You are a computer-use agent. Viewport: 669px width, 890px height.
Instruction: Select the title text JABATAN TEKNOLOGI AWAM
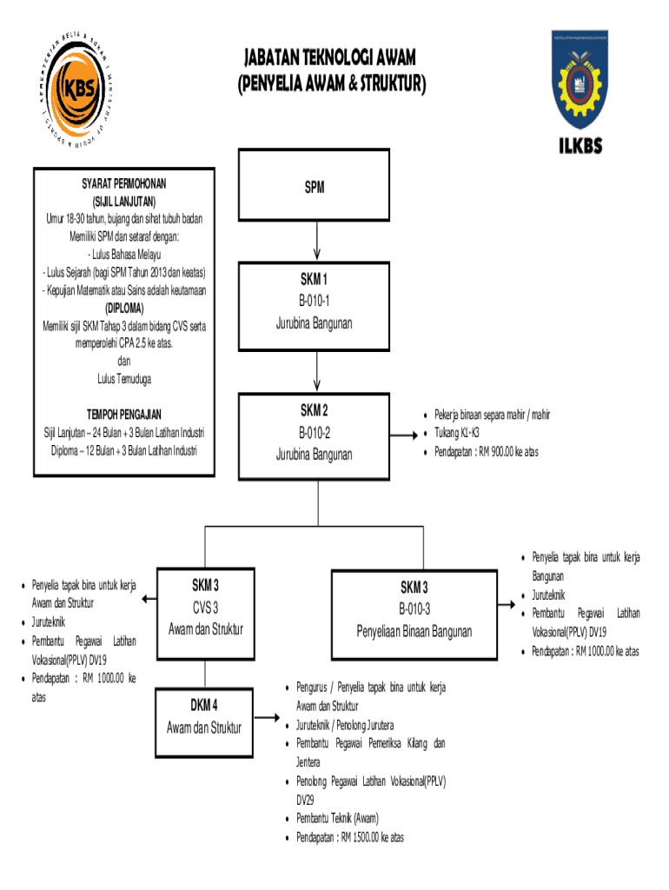328,58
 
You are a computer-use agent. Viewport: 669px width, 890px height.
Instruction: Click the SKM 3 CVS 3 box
205,606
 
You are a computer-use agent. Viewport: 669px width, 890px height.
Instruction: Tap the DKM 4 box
205,715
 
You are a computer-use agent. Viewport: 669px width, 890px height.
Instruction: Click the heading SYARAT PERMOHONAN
119,184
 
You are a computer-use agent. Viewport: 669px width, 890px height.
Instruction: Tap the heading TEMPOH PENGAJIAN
123,415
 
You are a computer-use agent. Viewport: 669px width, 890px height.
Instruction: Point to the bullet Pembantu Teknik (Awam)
337,818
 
